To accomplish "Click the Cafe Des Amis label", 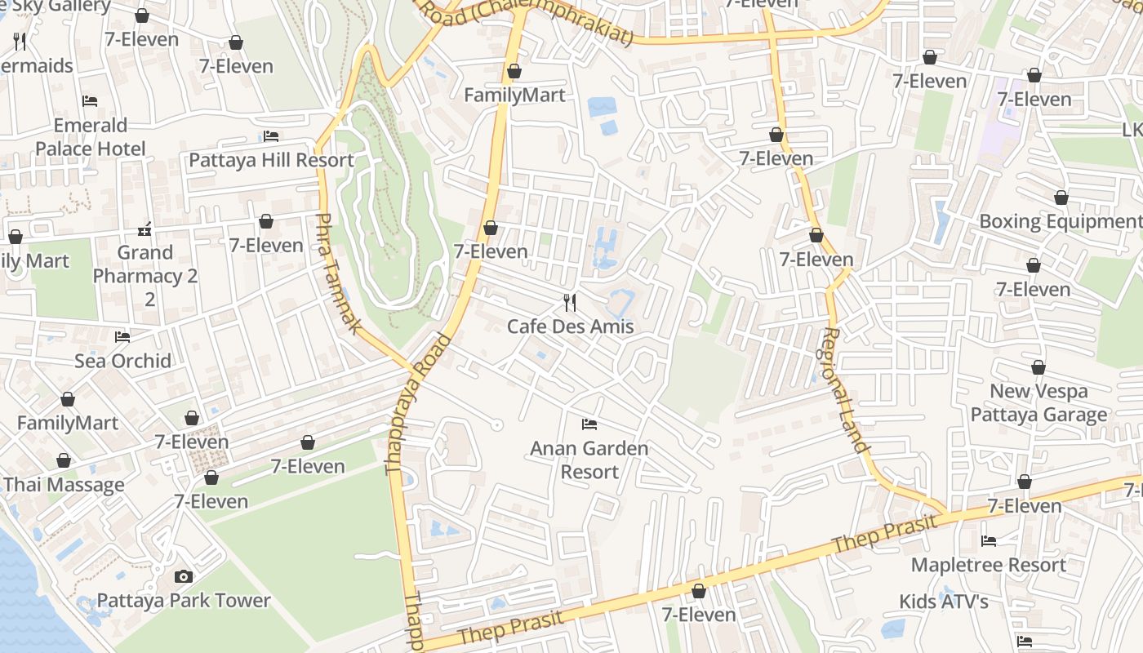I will pyautogui.click(x=570, y=326).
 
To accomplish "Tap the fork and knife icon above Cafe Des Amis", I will pyautogui.click(x=570, y=303).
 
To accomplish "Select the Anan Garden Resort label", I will pyautogui.click(x=589, y=460).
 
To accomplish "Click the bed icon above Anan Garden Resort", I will pyautogui.click(x=589, y=424).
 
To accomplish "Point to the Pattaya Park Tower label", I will pyautogui.click(x=184, y=601).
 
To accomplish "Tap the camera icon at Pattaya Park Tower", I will pyautogui.click(x=184, y=577).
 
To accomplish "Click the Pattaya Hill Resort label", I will pyautogui.click(x=271, y=160).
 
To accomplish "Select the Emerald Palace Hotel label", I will pyautogui.click(x=90, y=137).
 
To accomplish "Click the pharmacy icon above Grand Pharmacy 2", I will pyautogui.click(x=145, y=229).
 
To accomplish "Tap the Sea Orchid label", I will pyautogui.click(x=122, y=361).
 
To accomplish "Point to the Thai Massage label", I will pyautogui.click(x=64, y=485).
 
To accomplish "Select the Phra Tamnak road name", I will pyautogui.click(x=338, y=273).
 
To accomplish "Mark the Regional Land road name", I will pyautogui.click(x=844, y=389).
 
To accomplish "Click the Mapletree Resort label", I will pyautogui.click(x=988, y=565).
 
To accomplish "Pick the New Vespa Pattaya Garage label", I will pyautogui.click(x=1038, y=403).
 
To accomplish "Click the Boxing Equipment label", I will pyautogui.click(x=1060, y=221).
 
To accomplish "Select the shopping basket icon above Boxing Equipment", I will pyautogui.click(x=1061, y=198).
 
